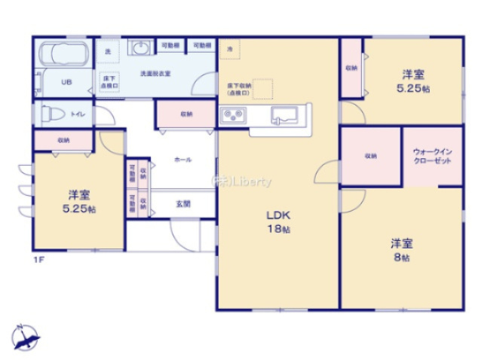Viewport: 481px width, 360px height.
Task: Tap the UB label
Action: click(x=66, y=83)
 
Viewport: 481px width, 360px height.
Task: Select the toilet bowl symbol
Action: click(x=52, y=114)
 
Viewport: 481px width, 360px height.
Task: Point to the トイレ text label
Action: click(x=78, y=114)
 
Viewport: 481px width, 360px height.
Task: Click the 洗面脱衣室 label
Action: click(x=155, y=74)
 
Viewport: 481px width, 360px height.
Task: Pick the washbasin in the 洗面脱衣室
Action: click(x=141, y=48)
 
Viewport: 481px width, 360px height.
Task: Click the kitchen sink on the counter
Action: click(x=283, y=115)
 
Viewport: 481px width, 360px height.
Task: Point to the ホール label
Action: click(x=182, y=160)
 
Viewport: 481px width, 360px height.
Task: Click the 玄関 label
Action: click(x=183, y=203)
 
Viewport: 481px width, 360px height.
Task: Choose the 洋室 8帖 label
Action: click(x=400, y=250)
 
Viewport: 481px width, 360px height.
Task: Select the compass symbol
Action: click(x=25, y=337)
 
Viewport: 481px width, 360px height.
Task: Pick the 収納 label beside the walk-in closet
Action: click(x=370, y=156)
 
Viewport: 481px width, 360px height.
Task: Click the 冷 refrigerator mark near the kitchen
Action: click(x=230, y=49)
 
